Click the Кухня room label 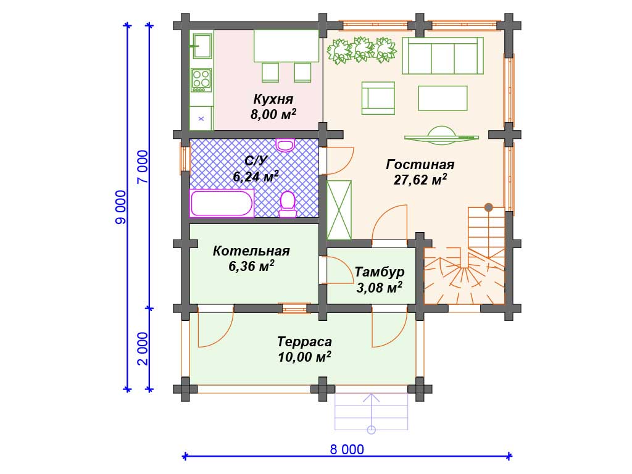pos(273,99)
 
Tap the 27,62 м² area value pos(420,180)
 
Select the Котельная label pos(251,251)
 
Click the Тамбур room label pos(380,272)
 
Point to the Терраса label pos(304,342)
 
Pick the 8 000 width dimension pos(347,449)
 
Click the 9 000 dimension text pos(121,207)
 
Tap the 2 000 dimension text pos(143,349)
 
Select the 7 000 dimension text pos(143,167)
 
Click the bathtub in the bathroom pos(222,203)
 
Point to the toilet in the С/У pos(288,205)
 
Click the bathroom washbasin pos(285,144)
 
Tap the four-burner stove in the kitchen pos(201,79)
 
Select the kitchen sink pos(202,46)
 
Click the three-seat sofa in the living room pos(443,56)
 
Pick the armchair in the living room pos(378,98)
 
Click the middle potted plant pos(361,49)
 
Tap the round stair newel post pos(489,207)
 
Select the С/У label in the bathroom pos(256,161)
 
